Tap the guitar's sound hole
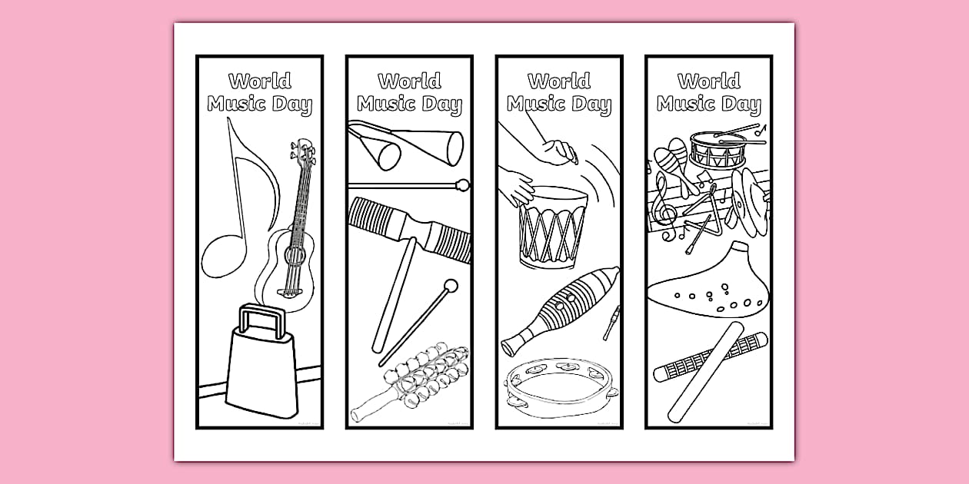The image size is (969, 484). pyautogui.click(x=295, y=256)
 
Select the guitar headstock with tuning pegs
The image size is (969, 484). pyautogui.click(x=303, y=151)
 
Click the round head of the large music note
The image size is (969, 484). pyautogui.click(x=224, y=256)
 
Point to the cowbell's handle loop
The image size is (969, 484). pyautogui.click(x=262, y=320)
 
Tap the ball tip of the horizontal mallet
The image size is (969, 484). pyautogui.click(x=462, y=185)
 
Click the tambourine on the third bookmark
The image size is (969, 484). pyautogui.click(x=561, y=387)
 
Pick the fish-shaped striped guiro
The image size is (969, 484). pyautogui.click(x=561, y=310)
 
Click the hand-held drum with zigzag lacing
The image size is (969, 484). pyautogui.click(x=552, y=227)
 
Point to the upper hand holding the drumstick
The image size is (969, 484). pyautogui.click(x=561, y=153)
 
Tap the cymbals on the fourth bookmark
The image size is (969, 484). pyautogui.click(x=748, y=202)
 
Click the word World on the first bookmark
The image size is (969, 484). pyautogui.click(x=260, y=81)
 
